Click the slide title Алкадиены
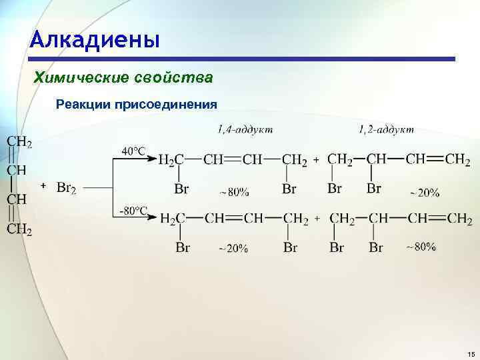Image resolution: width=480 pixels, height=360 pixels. pos(95,39)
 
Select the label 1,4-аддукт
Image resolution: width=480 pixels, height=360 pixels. pos(245,129)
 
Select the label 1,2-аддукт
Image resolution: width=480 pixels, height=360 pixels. pos(386,129)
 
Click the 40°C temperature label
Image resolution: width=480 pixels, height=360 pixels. pos(133,151)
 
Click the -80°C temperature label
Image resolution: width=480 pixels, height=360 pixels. pos(133,211)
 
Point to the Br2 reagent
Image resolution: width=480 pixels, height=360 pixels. pos(66,188)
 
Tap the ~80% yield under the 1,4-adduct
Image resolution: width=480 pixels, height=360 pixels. pos(233,193)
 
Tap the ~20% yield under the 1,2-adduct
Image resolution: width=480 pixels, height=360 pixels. pos(423,193)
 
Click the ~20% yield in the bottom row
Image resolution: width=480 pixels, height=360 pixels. pos(233,249)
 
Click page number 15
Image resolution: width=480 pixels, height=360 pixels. pos(471,353)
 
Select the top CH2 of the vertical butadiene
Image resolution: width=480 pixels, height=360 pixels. pos(19,142)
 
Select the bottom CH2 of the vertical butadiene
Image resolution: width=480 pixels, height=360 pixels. pos(19,230)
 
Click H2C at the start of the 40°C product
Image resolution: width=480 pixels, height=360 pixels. pos(171,161)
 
